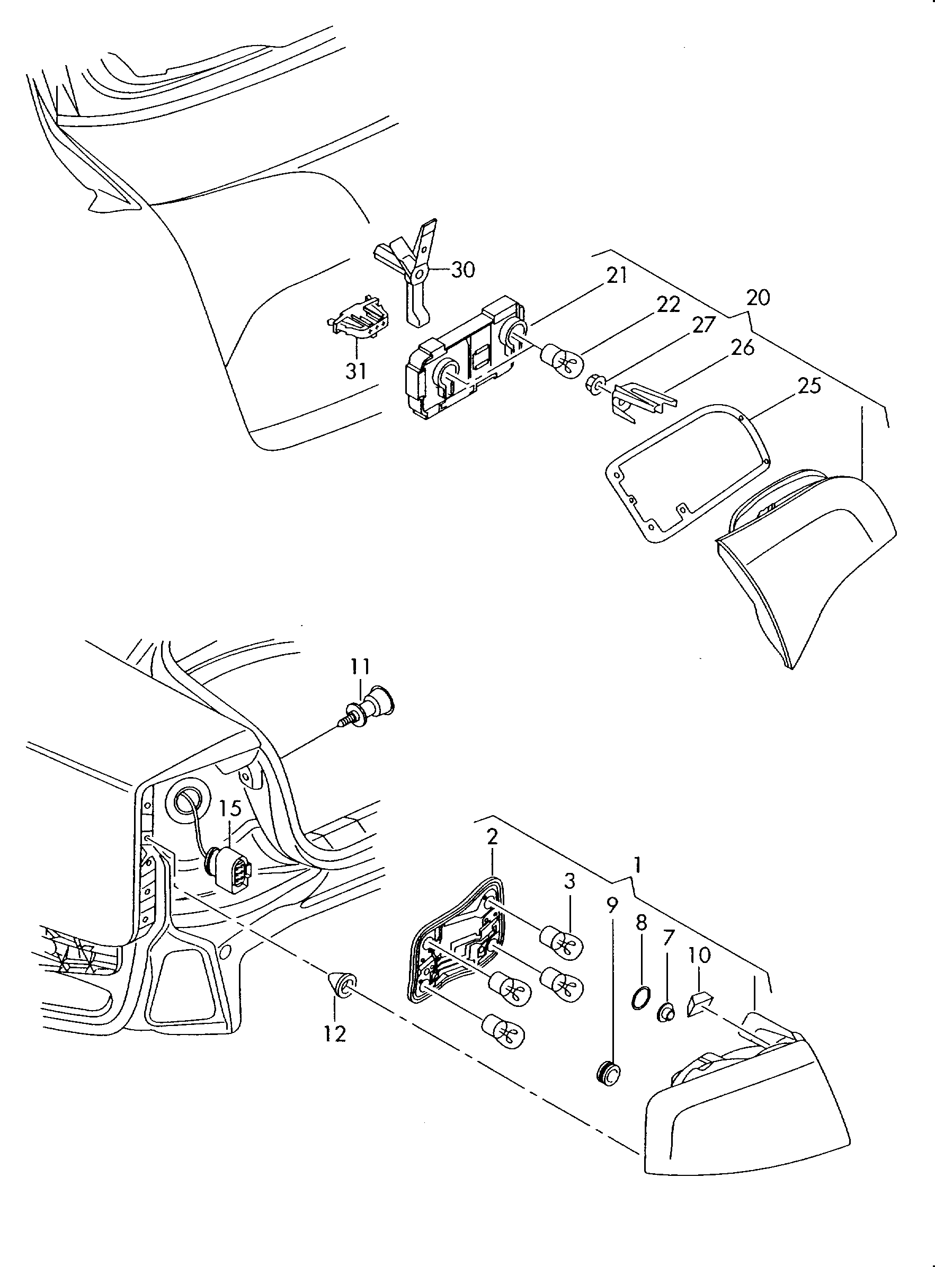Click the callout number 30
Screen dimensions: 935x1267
click(463, 270)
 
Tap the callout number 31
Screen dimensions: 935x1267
click(356, 371)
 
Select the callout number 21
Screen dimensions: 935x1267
click(617, 275)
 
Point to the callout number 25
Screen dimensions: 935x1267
click(809, 386)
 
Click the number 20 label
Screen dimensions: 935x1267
click(759, 298)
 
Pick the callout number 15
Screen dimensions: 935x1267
click(230, 808)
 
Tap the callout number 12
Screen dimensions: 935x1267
click(334, 1034)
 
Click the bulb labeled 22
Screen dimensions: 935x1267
click(563, 358)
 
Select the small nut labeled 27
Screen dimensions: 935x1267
click(594, 386)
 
